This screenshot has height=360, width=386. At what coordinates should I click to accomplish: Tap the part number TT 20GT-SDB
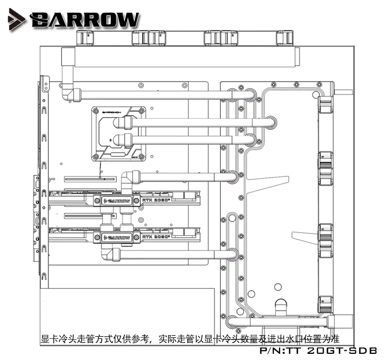coord(319,350)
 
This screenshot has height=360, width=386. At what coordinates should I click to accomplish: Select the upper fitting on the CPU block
coord(120,123)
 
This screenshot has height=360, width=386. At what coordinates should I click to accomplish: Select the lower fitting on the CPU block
coord(120,139)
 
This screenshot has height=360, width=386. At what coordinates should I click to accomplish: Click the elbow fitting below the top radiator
coord(68,95)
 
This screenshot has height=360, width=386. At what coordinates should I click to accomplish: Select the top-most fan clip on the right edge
coord(326,102)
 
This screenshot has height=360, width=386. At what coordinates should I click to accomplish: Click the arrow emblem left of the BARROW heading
coord(17,19)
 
